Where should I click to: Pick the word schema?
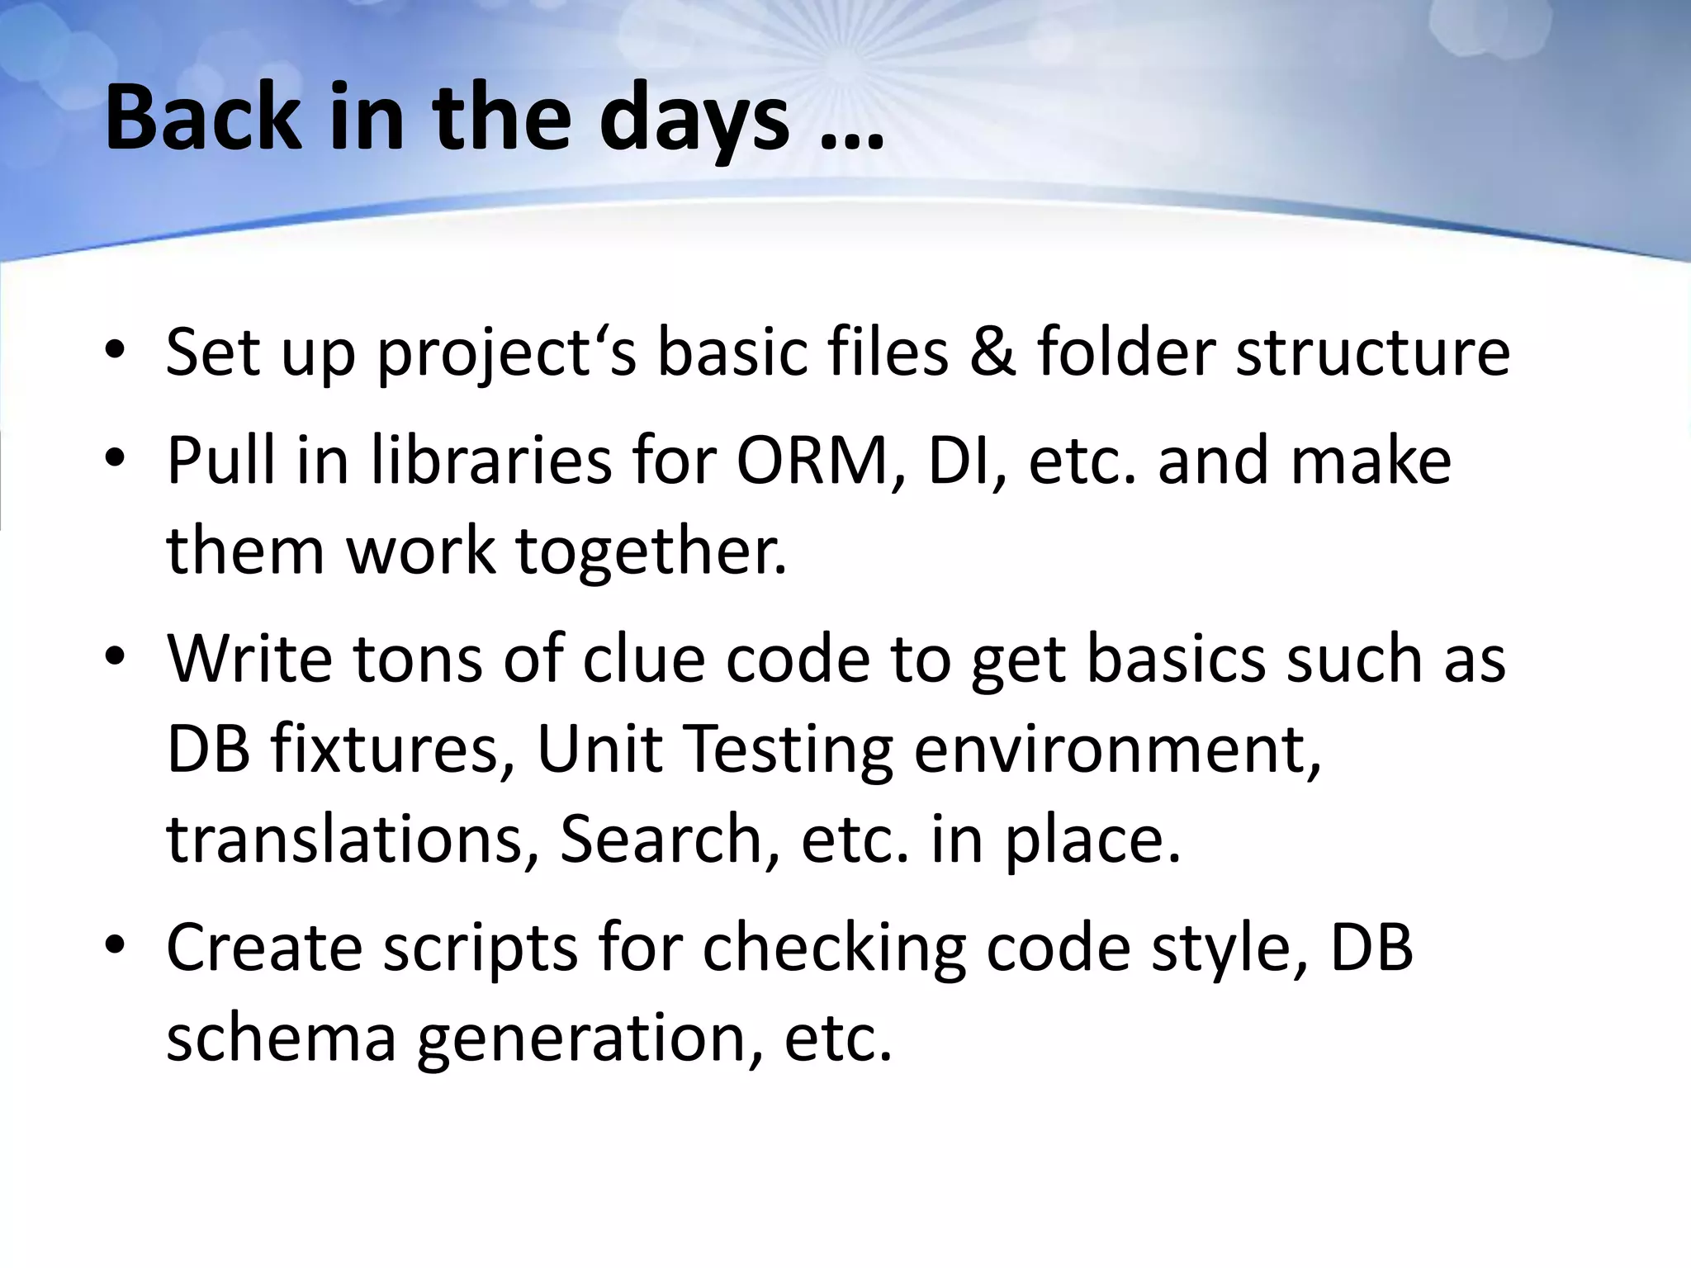(282, 1038)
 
